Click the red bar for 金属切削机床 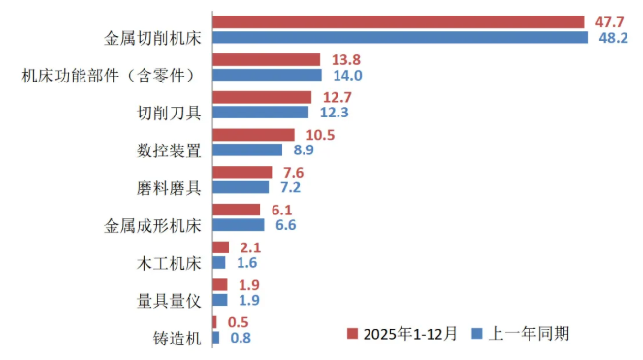click(398, 21)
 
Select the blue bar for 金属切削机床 click(400, 37)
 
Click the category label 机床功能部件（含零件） click(111, 76)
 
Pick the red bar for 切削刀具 click(262, 97)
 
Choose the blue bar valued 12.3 click(260, 113)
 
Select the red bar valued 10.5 click(253, 135)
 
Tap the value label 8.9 click(304, 150)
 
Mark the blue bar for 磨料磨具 click(241, 187)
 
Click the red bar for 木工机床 click(220, 247)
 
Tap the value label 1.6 click(246, 263)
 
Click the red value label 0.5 click(238, 322)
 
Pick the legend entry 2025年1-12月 click(397, 333)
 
